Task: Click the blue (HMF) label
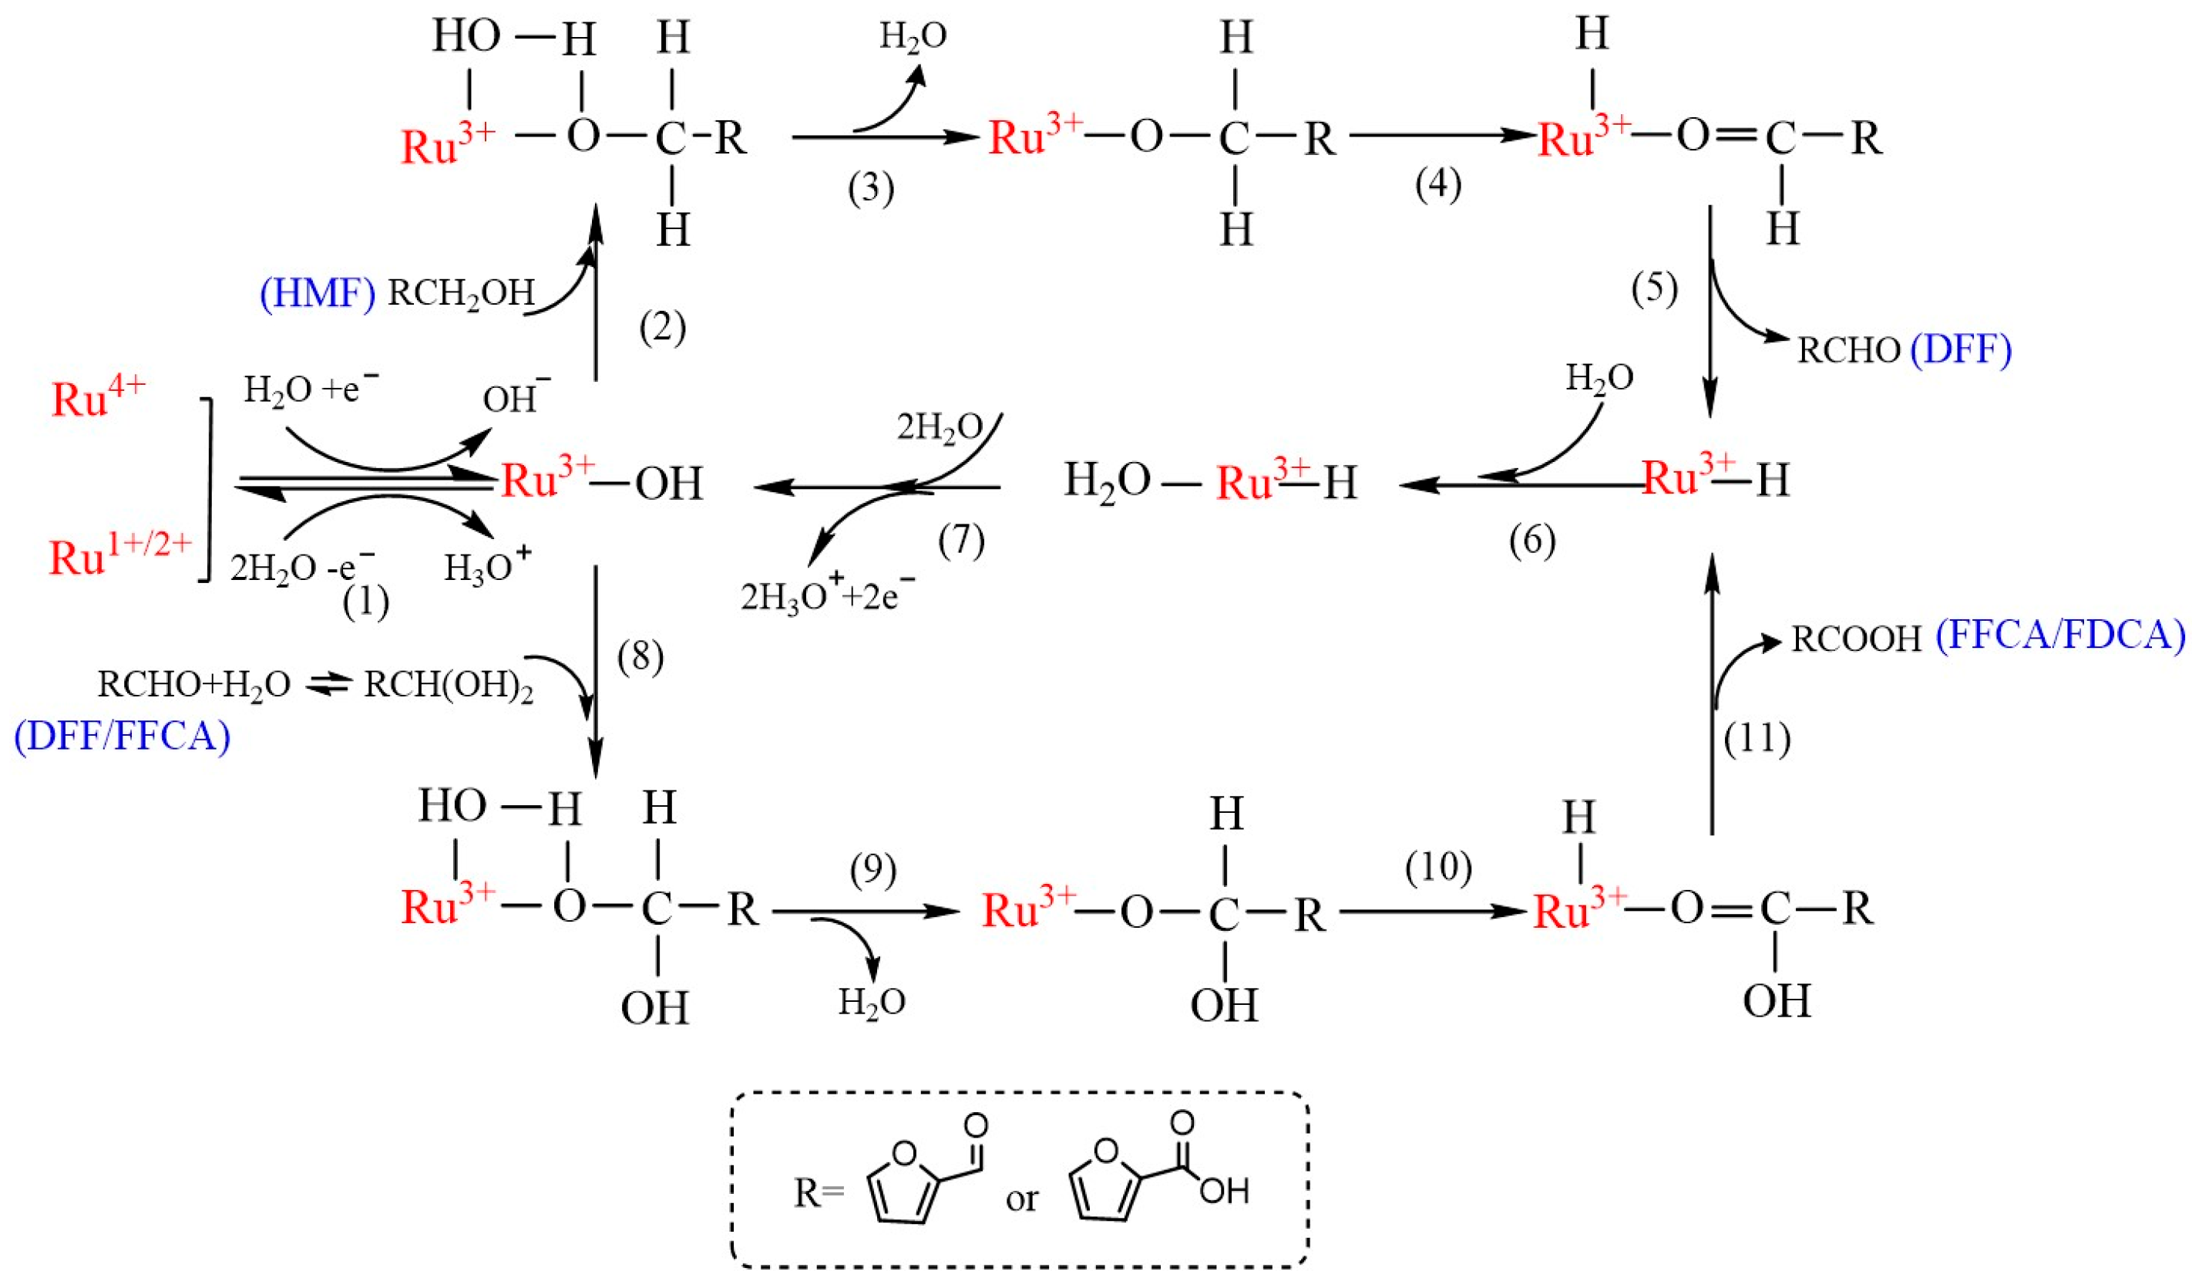[x=317, y=294]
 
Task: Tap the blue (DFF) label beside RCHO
[x=1961, y=349]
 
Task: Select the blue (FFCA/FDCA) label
[x=2059, y=636]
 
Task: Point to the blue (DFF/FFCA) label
[x=123, y=737]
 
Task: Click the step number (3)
[x=871, y=188]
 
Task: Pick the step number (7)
[x=961, y=541]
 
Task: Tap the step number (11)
[x=1757, y=738]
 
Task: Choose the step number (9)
[x=872, y=870]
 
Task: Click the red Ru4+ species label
[x=97, y=399]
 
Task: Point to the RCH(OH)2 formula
[x=448, y=686]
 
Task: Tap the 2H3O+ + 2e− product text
[x=827, y=596]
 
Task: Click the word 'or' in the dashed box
[x=1021, y=1199]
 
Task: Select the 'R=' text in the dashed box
[x=819, y=1192]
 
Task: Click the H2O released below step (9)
[x=872, y=1003]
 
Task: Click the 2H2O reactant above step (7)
[x=940, y=428]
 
